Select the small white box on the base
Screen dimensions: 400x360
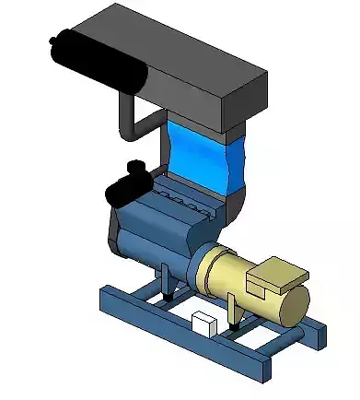(x=203, y=324)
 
